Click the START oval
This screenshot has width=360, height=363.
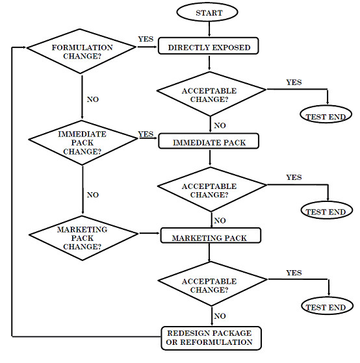(x=207, y=12)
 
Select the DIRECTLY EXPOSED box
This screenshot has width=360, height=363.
(x=208, y=46)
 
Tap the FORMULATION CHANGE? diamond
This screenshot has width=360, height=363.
(x=81, y=51)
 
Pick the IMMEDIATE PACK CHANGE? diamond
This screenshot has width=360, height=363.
(x=83, y=143)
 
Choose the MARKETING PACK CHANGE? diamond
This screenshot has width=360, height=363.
(x=83, y=238)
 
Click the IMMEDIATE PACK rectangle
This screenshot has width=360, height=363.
(x=209, y=141)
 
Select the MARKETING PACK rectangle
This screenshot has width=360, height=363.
(x=211, y=236)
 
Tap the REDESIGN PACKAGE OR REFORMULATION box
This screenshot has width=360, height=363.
(x=211, y=338)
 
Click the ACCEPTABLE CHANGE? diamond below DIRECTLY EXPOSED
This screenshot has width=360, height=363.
(x=211, y=94)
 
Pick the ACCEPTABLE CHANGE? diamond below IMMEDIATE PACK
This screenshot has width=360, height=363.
(x=212, y=190)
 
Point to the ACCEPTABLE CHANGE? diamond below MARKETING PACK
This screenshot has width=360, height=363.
(x=212, y=284)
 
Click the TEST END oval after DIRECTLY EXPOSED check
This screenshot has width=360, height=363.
(x=326, y=114)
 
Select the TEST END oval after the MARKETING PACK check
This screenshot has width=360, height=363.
(x=328, y=305)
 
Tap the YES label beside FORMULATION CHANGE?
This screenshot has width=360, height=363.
(x=146, y=39)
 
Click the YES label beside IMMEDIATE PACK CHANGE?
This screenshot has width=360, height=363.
(x=146, y=134)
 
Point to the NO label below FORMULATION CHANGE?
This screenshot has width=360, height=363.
(x=93, y=99)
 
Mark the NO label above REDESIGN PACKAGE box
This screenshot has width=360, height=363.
(x=220, y=316)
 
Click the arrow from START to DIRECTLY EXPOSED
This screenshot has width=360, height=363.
(x=209, y=29)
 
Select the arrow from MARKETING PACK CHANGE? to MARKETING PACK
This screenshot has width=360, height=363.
(x=149, y=233)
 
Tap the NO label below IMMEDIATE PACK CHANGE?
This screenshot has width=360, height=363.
(x=93, y=195)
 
